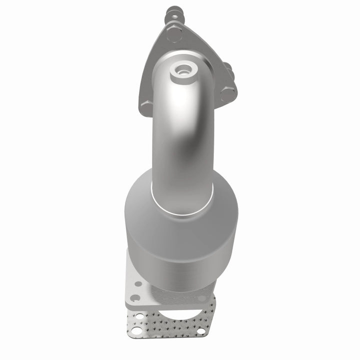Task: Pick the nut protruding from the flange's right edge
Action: (226, 67)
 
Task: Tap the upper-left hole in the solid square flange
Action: (138, 283)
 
